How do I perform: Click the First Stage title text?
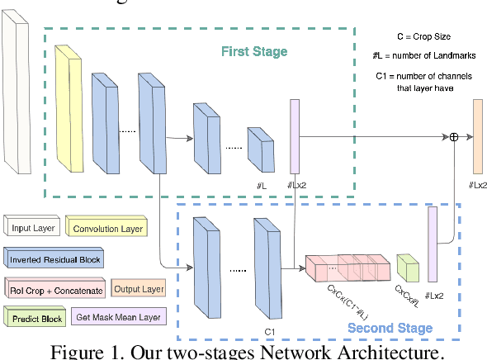(x=253, y=52)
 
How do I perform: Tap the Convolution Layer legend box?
(x=106, y=228)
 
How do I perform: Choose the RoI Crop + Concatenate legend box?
(x=56, y=290)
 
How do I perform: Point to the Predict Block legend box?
(x=36, y=317)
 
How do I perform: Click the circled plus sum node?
(x=453, y=137)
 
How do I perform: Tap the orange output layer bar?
(x=477, y=135)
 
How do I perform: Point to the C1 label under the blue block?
(x=268, y=331)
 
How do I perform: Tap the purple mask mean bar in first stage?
(x=294, y=135)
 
